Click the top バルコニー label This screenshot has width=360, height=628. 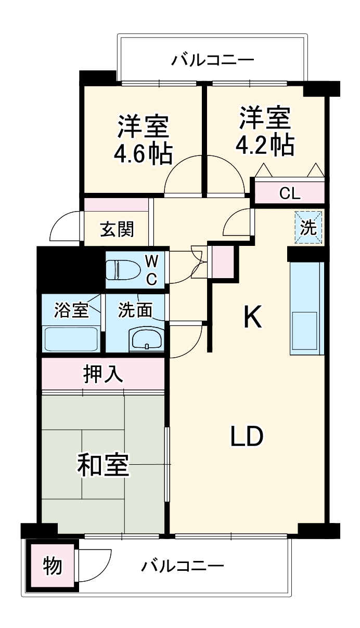point(213,60)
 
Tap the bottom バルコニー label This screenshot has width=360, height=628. point(183,565)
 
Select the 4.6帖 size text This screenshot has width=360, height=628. point(143,153)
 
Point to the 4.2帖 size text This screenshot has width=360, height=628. point(265,145)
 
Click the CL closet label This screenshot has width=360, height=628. point(290,193)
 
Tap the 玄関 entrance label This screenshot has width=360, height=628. point(117,229)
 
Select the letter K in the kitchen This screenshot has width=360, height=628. point(253,317)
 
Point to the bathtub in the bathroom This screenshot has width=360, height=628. point(72,339)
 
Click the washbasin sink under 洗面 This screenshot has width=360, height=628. point(147,341)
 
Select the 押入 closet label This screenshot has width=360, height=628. point(104,374)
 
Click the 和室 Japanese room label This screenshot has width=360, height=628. point(103,465)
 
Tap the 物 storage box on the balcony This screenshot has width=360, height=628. point(52,566)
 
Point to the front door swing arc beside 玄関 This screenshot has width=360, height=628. point(65,227)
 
